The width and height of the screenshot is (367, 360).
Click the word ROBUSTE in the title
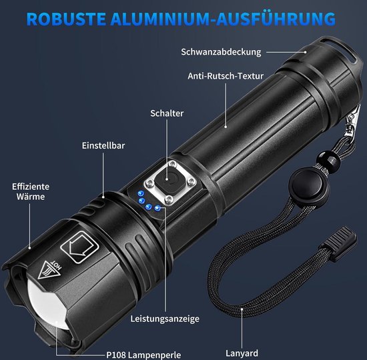(67, 19)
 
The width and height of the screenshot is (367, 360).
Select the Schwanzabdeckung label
(221, 52)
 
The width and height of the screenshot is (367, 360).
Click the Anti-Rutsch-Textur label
(226, 76)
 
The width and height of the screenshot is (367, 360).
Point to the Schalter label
(167, 113)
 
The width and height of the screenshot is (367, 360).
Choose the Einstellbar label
(103, 145)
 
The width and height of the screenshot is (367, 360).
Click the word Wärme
(31, 197)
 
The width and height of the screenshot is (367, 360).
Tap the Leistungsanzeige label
(165, 319)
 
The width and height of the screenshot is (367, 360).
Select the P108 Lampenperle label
(143, 355)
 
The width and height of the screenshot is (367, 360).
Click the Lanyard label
(242, 353)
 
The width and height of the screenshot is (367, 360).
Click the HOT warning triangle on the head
(50, 269)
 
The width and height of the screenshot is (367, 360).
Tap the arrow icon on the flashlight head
(80, 247)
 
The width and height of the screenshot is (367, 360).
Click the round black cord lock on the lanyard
(309, 185)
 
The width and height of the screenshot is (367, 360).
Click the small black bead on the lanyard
(328, 160)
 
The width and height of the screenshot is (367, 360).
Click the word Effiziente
(31, 187)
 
